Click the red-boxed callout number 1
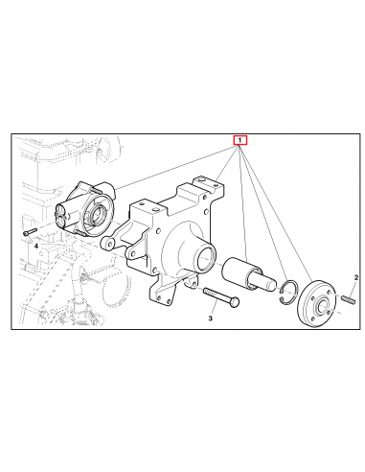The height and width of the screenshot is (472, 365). tap(240, 140)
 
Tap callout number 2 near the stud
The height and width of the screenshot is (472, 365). tap(356, 276)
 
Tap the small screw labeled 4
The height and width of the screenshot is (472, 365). tap(28, 231)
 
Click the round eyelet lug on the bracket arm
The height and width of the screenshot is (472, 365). tap(111, 244)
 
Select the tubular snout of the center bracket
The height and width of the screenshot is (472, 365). tap(204, 259)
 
